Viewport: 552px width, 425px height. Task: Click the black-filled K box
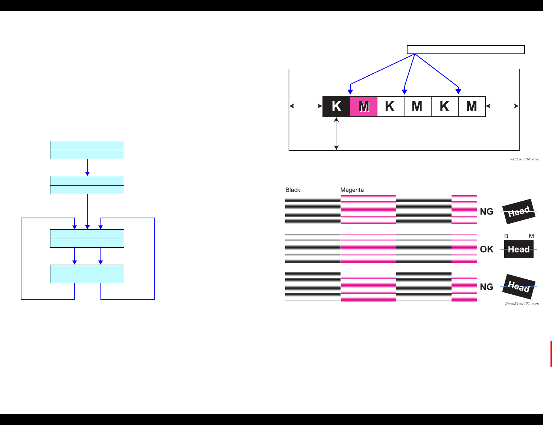336,107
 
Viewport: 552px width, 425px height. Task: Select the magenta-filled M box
363,107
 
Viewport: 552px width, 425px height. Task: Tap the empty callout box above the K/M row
465,50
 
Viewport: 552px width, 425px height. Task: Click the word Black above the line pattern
293,190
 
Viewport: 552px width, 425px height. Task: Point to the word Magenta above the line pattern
352,190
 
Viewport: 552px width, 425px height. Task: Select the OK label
487,249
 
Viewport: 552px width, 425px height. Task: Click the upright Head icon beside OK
519,249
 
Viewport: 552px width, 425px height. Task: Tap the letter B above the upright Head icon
506,236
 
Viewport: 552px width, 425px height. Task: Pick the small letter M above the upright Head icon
531,236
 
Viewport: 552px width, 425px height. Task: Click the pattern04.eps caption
524,159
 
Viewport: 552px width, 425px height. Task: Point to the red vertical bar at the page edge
551,353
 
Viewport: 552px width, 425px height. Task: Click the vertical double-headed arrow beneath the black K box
336,134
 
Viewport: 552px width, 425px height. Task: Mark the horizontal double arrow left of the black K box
306,106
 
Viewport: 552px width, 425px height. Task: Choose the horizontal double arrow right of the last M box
502,106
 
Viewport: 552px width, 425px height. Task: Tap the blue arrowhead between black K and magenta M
350,91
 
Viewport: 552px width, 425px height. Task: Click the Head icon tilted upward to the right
519,212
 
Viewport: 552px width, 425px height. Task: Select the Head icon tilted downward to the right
519,286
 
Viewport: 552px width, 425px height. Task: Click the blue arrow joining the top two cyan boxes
87,168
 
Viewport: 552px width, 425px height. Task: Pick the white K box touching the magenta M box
390,107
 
